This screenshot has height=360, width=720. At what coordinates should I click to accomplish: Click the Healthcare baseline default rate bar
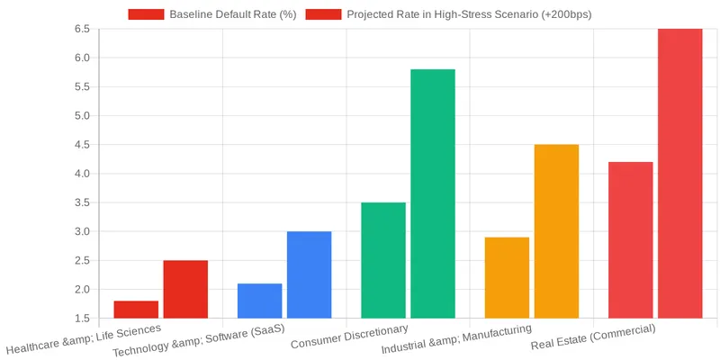click(x=136, y=309)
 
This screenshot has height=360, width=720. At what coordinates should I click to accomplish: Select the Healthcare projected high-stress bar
click(x=185, y=289)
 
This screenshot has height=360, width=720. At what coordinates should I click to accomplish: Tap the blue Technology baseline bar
click(x=259, y=301)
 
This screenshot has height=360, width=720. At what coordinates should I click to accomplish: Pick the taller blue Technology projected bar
click(x=309, y=274)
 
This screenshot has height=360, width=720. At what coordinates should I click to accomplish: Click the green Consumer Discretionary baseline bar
click(x=383, y=260)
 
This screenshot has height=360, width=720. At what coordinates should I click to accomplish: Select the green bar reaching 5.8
click(x=433, y=193)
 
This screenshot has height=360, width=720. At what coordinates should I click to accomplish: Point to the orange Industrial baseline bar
click(x=507, y=277)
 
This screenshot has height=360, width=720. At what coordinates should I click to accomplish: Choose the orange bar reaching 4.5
click(x=556, y=231)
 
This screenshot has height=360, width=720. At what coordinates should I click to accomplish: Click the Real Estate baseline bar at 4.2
click(x=631, y=239)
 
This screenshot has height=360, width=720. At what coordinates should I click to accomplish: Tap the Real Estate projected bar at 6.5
click(x=679, y=173)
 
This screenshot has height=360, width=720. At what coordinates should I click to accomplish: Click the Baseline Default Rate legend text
click(x=233, y=14)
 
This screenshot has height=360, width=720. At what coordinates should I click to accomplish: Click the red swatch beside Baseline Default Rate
click(x=146, y=14)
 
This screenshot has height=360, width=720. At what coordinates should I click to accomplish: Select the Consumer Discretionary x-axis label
click(x=349, y=337)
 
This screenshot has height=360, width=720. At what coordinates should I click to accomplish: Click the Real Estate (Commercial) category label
click(x=593, y=337)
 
